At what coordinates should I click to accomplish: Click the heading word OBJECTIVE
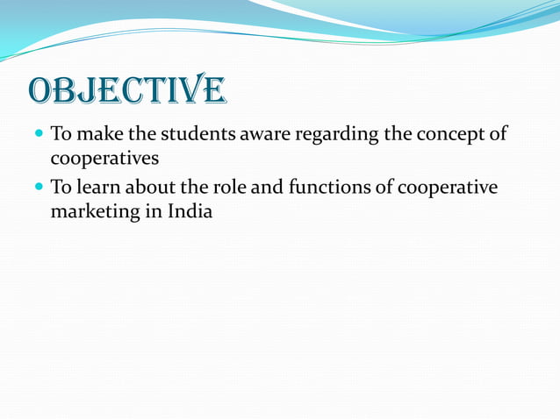[127, 89]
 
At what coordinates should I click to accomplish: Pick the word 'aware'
[253, 136]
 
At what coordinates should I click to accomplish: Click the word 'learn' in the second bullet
[96, 188]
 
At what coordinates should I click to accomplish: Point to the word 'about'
[147, 188]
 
